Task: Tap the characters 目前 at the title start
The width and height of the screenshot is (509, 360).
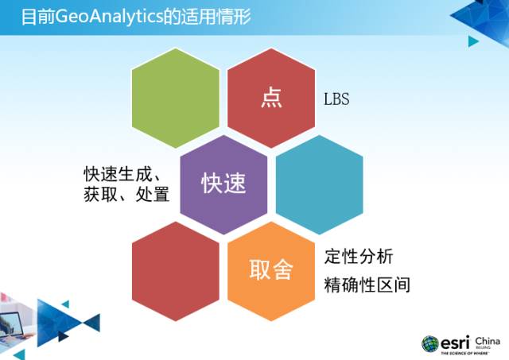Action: click(34, 16)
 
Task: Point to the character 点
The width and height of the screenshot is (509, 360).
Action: click(271, 99)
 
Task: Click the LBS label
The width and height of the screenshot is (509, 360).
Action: click(336, 101)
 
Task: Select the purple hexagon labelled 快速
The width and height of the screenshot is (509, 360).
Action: click(223, 184)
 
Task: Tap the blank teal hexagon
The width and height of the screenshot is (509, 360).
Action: click(319, 184)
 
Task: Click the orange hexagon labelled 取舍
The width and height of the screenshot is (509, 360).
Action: click(271, 270)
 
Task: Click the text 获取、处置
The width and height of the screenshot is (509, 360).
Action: click(126, 194)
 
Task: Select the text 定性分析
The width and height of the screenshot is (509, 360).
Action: click(358, 257)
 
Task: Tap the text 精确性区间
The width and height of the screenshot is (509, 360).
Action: click(367, 285)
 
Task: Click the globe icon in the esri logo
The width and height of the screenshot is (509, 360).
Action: click(429, 343)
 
